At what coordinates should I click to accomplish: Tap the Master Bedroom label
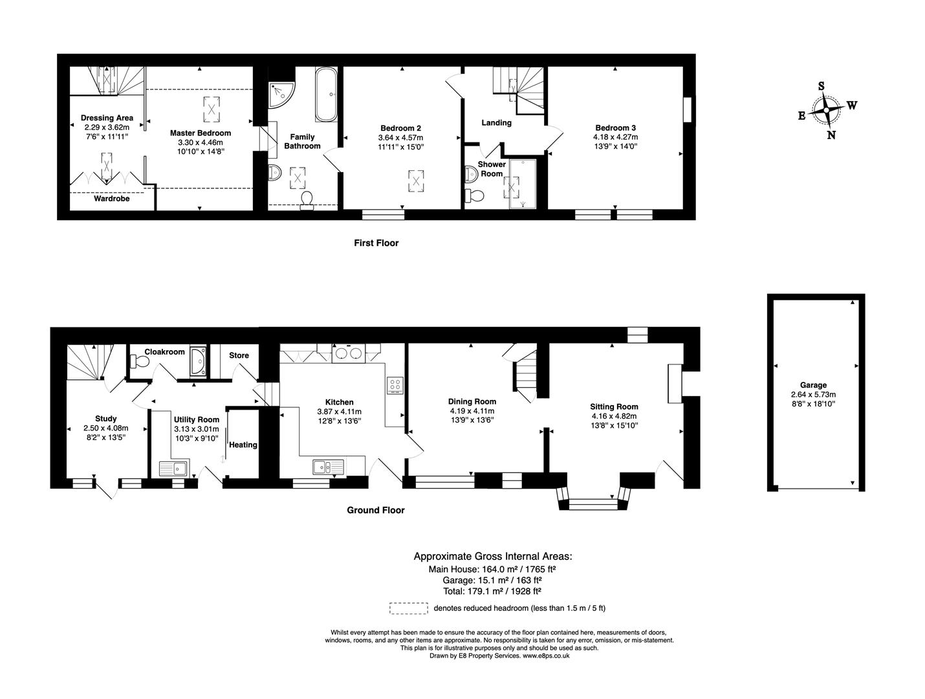(200, 133)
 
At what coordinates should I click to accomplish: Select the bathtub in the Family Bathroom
(325, 95)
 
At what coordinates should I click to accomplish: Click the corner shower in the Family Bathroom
(281, 94)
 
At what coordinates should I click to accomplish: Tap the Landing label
(496, 123)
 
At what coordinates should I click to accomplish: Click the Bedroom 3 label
(615, 128)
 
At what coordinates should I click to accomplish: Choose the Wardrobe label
(111, 199)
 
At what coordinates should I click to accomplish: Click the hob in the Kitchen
(395, 386)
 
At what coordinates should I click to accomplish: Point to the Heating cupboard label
(243, 445)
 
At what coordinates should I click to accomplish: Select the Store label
(239, 355)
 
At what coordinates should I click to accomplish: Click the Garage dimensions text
(813, 399)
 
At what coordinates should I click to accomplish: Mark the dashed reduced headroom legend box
(408, 608)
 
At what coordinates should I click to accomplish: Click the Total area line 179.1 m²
(492, 591)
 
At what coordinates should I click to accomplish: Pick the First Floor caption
(376, 243)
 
